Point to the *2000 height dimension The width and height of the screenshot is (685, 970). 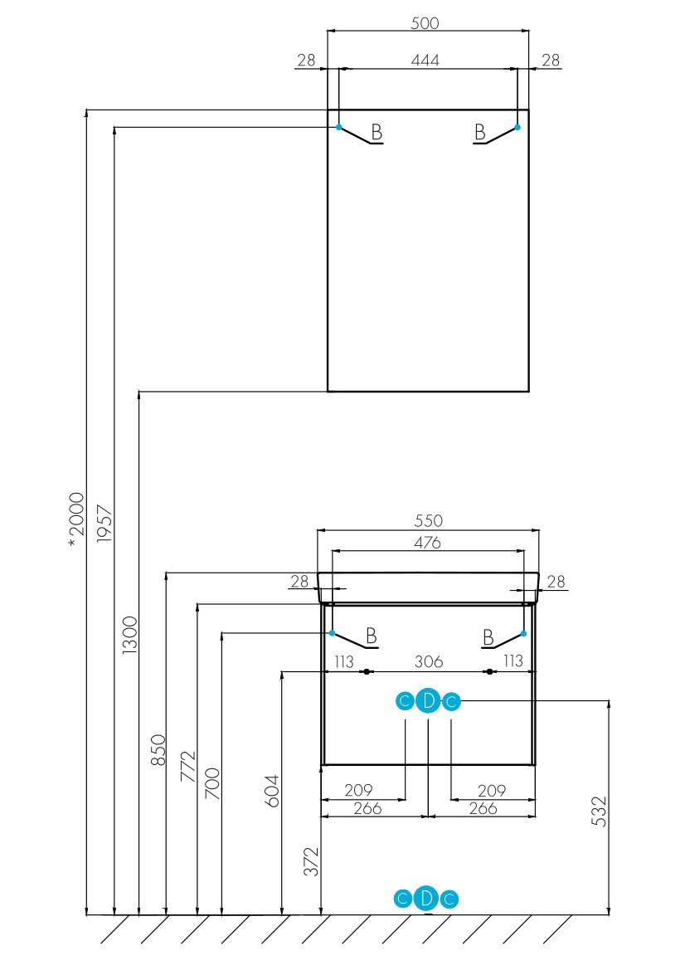[x=76, y=519]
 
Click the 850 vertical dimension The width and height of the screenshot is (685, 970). [x=158, y=749]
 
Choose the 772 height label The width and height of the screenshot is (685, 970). [x=187, y=768]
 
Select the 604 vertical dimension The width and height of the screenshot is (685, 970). [x=274, y=790]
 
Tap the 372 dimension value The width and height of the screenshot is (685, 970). [x=311, y=863]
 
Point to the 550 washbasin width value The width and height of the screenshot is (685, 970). [x=428, y=521]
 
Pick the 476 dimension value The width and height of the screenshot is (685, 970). [x=428, y=543]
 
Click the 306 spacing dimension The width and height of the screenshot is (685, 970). [x=428, y=661]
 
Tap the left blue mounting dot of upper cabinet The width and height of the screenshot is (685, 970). [x=338, y=127]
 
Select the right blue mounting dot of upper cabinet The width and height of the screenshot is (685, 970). [x=517, y=127]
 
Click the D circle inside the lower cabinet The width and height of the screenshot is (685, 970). [x=427, y=701]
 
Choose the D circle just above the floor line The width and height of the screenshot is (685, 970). [x=426, y=898]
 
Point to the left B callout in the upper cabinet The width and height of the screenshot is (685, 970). [x=377, y=131]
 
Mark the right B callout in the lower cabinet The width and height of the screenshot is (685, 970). [x=488, y=636]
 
